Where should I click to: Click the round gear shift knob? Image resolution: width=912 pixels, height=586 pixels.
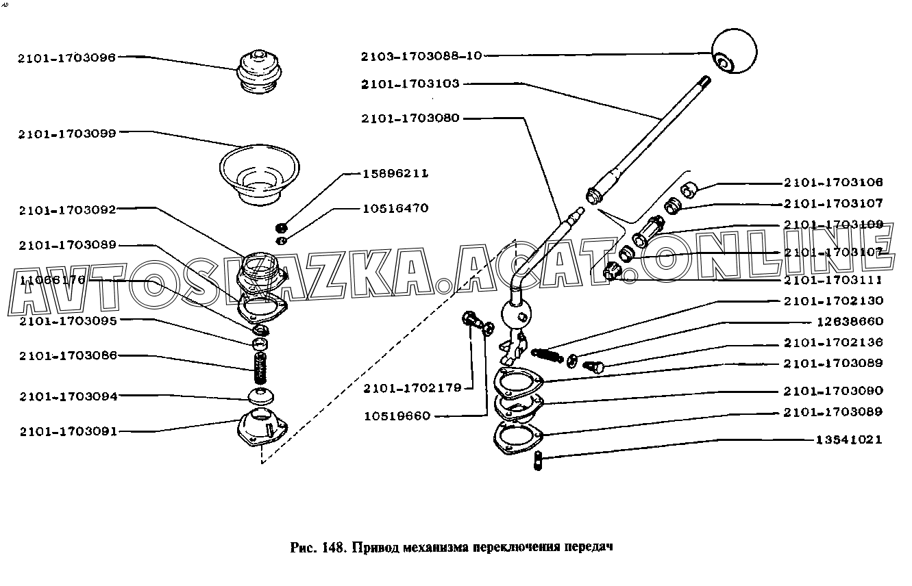click(733, 52)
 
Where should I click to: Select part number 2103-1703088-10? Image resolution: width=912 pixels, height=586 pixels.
click(422, 55)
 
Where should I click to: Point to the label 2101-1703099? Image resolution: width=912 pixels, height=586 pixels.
click(68, 133)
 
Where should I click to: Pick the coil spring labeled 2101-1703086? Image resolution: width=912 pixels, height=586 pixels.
click(260, 370)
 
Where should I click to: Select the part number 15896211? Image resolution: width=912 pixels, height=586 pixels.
click(395, 174)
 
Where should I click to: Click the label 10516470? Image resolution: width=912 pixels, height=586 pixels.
click(395, 208)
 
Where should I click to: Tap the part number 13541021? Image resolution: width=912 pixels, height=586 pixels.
click(848, 439)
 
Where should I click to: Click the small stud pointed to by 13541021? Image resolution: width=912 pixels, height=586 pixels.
click(538, 460)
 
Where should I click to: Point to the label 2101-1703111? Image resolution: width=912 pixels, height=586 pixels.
click(833, 281)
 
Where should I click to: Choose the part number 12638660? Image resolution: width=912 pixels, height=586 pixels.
click(849, 322)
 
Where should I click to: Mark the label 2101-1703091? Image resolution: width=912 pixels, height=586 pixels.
click(68, 431)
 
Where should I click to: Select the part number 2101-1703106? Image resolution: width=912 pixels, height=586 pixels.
click(833, 183)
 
